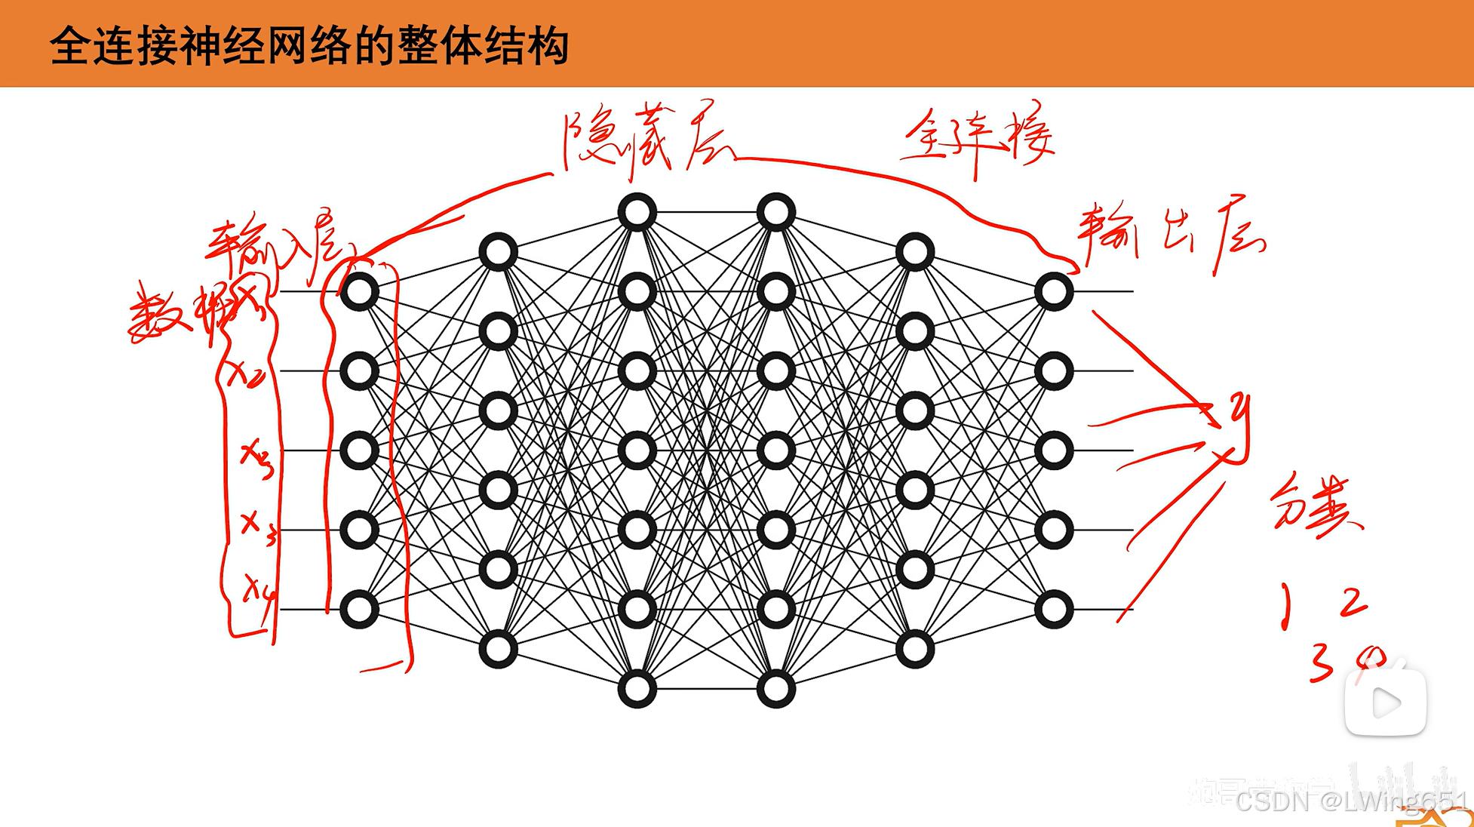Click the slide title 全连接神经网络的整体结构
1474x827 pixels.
[309, 46]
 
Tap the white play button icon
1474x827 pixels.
[1386, 702]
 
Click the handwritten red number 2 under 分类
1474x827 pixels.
[1353, 602]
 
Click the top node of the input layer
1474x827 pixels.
[359, 292]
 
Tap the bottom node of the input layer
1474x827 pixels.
[359, 610]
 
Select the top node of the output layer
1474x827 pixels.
[1053, 292]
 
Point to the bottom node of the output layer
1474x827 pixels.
[1053, 610]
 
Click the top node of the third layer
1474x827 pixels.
[637, 212]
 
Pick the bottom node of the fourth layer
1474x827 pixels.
[775, 689]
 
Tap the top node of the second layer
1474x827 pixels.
[498, 252]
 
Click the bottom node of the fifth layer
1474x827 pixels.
[914, 649]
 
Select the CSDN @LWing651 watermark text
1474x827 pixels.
[1350, 801]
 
